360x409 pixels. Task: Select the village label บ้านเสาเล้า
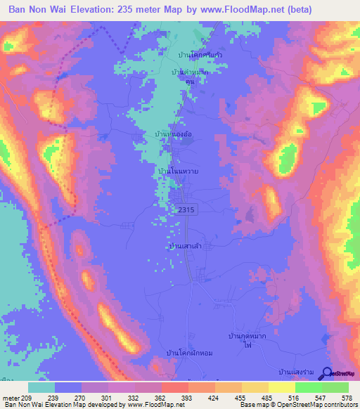pos(185,246)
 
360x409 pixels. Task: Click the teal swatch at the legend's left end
pos(41,387)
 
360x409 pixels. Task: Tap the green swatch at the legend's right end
pos(335,387)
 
